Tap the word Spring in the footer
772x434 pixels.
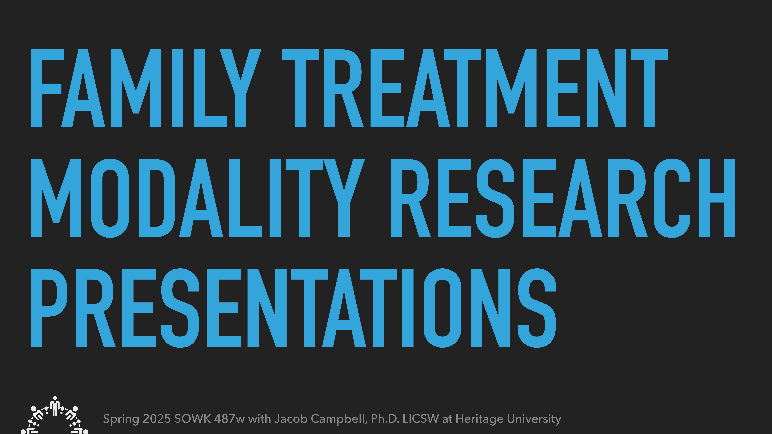[x=121, y=419]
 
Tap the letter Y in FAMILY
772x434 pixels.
[x=240, y=88]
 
